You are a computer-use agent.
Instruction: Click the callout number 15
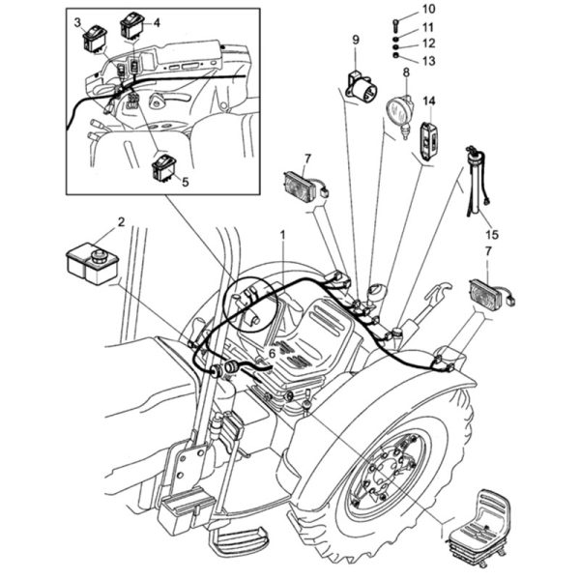492,234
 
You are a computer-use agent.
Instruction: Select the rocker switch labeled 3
95,38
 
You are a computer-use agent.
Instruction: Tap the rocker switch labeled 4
131,25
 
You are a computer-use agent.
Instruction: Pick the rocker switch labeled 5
163,168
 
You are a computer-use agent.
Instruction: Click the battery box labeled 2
92,263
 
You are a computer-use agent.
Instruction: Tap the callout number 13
428,61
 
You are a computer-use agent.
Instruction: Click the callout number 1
282,234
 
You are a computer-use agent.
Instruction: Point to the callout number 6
272,354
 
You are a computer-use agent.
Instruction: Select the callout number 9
356,40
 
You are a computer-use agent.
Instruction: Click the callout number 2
122,221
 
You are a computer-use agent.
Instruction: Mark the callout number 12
428,43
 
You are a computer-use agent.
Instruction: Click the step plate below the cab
240,542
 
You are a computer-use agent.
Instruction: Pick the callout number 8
407,72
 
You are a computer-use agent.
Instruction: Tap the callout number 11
428,27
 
